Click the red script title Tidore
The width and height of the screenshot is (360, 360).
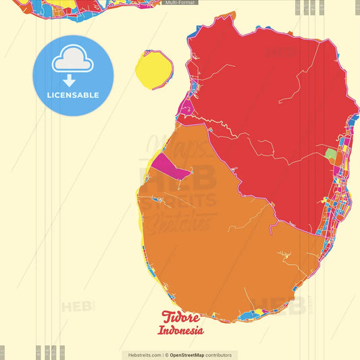point(182,317)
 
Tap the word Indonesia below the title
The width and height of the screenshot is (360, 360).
point(180,331)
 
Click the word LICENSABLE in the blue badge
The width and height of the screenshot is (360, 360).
point(73,95)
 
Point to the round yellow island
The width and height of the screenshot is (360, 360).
point(153,68)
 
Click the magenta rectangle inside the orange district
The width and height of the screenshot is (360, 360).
point(170,167)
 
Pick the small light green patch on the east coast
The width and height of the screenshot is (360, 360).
point(330,155)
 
